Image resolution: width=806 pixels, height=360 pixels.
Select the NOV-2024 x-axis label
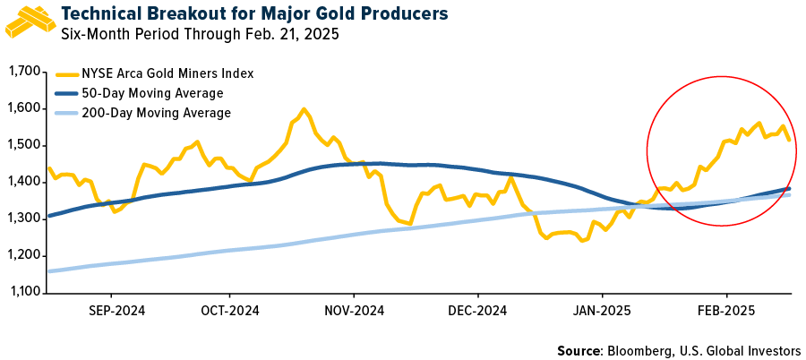pos(354,311)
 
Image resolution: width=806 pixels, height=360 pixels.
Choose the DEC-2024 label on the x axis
pos(477,311)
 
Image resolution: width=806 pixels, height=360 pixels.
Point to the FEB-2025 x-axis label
pos(725,311)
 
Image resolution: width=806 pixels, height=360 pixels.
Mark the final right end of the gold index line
pos(789,140)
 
